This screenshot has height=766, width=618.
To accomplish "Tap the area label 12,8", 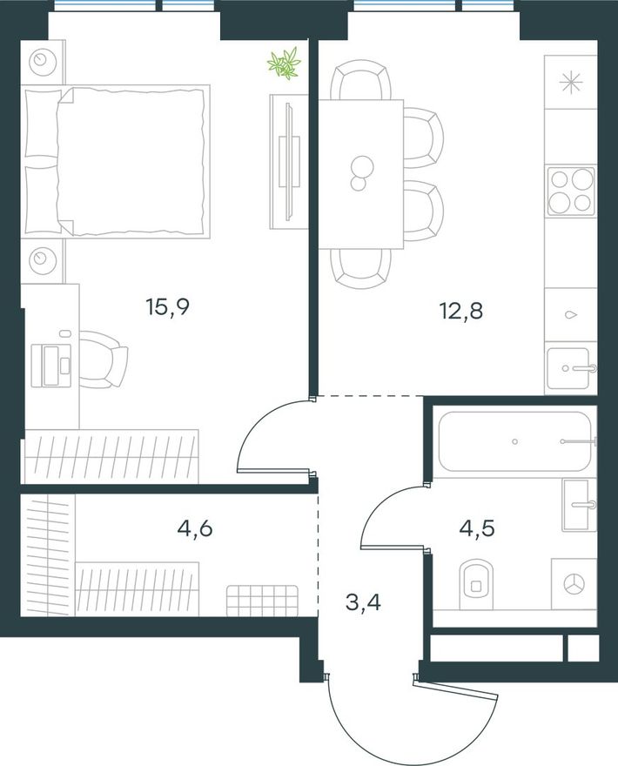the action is coord(461,311).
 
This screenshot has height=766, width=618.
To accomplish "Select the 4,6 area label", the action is coord(195,528).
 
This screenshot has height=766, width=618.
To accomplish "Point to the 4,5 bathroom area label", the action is coord(477,527).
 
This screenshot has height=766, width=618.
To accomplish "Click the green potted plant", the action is coord(284,62).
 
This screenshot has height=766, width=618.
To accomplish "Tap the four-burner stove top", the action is coord(571,191).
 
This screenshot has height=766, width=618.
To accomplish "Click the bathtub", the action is coord(517,441).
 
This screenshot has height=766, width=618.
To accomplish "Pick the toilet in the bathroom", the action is coord(476,584).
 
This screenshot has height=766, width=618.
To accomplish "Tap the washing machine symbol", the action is coord(574,584).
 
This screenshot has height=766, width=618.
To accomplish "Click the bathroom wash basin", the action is coord(579,505).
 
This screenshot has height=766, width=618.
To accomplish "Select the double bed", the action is coord(116,161).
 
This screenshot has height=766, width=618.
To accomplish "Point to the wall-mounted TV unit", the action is coord(288,162).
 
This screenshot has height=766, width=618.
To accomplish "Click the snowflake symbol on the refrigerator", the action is coord(571,82).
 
